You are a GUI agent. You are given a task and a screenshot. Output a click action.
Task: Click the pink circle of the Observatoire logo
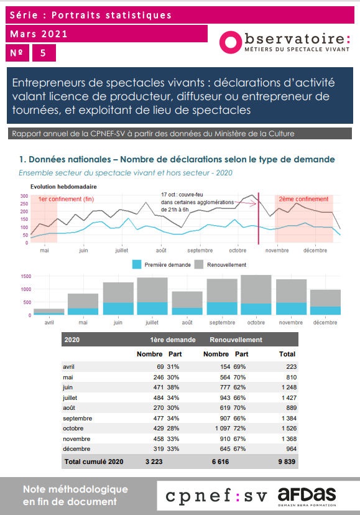(231, 42)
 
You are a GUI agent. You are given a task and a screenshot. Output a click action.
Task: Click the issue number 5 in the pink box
(44, 53)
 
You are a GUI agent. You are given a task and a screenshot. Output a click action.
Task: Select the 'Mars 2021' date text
(39, 34)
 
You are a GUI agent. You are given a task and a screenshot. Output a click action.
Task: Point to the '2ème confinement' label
(303, 199)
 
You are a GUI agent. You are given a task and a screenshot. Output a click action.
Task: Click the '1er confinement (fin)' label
(66, 199)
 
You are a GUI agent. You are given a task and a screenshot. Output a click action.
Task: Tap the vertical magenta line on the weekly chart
(259, 218)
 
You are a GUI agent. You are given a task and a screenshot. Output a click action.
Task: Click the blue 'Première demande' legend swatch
(137, 264)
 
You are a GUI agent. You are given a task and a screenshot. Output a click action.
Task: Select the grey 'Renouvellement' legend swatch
(199, 264)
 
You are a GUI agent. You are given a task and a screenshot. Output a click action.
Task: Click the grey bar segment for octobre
(256, 289)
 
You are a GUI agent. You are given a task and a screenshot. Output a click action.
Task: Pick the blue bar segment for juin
(118, 309)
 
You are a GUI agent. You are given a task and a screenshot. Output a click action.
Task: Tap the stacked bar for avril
(49, 312)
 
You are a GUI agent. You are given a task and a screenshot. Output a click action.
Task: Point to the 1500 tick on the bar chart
(26, 276)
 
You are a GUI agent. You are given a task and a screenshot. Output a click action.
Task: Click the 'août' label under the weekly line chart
(161, 250)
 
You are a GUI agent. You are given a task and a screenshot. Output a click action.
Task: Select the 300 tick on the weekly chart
(24, 196)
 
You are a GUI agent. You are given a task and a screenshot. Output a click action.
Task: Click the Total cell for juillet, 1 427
(289, 397)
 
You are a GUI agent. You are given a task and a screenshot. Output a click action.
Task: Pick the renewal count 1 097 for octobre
(223, 429)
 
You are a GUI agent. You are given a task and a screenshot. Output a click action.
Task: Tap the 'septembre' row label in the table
(78, 419)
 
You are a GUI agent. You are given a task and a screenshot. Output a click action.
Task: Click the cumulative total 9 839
(287, 462)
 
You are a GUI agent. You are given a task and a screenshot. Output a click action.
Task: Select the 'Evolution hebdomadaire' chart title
(63, 187)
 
